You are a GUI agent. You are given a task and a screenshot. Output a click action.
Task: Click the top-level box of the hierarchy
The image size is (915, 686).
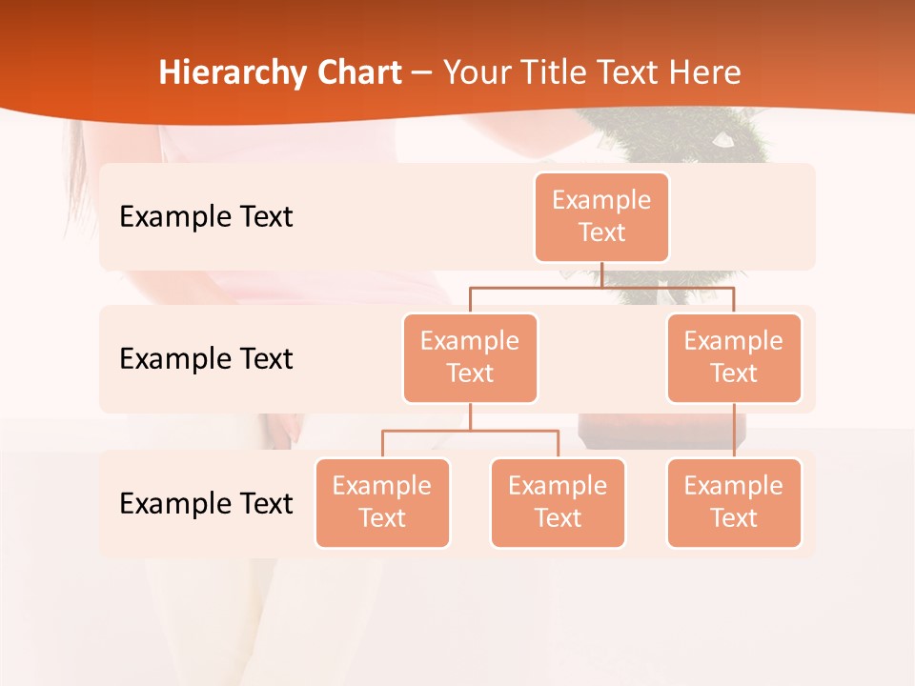(601, 216)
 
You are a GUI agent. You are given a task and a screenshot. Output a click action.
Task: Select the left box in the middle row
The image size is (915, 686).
(470, 357)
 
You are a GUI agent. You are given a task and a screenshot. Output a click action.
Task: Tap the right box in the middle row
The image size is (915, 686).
(734, 357)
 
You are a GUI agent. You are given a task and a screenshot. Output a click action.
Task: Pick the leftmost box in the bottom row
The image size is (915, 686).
(382, 502)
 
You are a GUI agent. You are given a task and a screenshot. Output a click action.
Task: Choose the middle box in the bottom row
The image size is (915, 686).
(558, 502)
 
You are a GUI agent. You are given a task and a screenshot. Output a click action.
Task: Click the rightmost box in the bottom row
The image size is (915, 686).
(734, 502)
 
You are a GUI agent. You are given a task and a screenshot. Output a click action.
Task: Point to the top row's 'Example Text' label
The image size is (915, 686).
(206, 217)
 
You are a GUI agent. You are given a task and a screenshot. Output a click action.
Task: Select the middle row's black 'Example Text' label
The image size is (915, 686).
(206, 359)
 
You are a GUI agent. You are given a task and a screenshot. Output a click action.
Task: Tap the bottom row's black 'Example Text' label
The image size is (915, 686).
(206, 504)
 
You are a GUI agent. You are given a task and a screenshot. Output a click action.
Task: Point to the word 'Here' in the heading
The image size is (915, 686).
(704, 72)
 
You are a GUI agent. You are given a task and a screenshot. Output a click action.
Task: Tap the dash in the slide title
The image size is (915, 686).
(422, 73)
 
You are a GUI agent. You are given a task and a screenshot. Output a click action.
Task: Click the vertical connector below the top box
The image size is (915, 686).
(601, 274)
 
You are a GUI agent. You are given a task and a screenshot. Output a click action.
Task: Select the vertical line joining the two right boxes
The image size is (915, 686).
(734, 431)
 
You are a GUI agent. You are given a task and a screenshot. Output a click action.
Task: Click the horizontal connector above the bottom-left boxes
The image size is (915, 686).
(470, 431)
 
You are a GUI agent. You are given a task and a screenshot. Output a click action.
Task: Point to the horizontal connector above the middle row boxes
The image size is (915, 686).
(601, 286)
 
